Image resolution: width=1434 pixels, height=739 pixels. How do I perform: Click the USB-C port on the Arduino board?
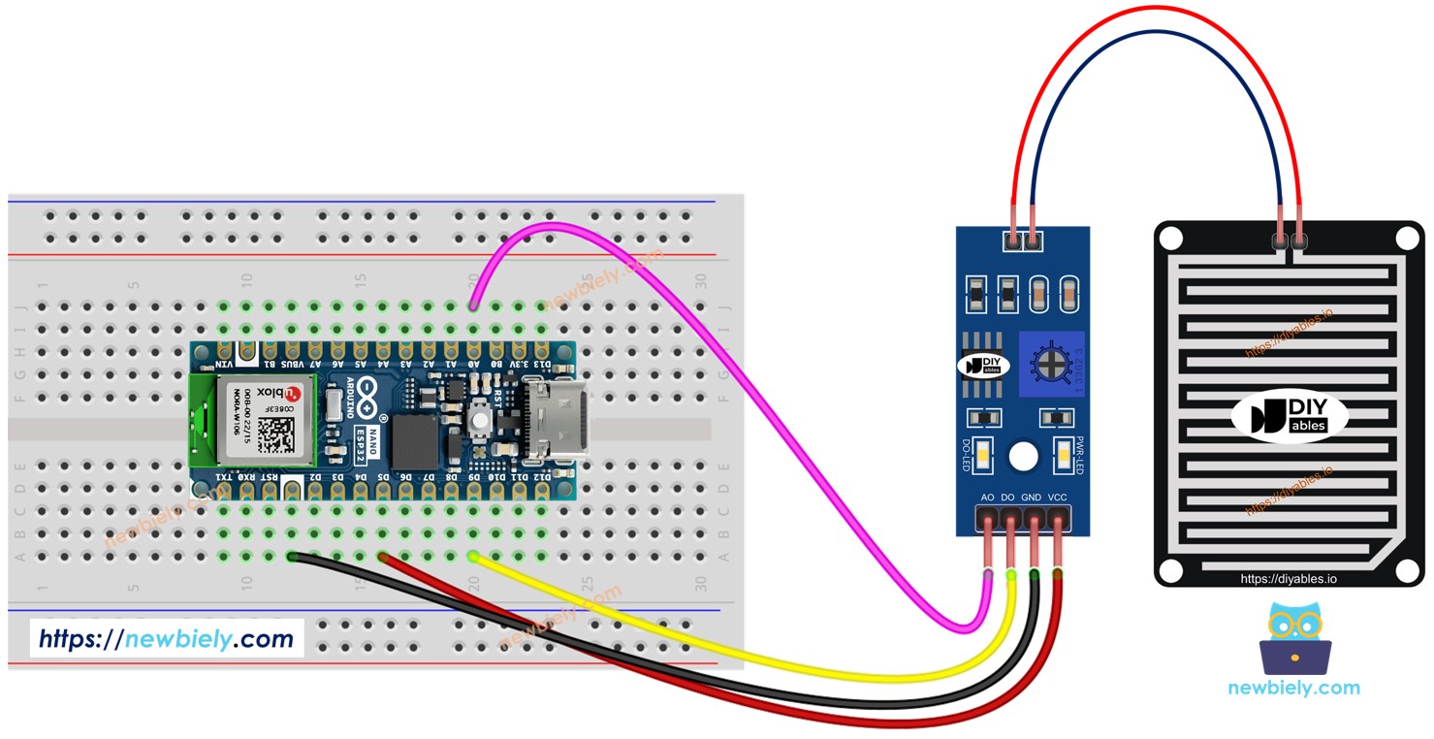[549, 420]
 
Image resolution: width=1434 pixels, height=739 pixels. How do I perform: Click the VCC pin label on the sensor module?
[1058, 498]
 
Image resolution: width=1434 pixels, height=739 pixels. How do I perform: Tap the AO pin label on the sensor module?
[987, 498]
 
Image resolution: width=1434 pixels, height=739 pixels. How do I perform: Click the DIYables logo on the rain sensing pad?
[1289, 418]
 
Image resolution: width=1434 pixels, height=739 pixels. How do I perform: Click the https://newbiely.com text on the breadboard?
[166, 639]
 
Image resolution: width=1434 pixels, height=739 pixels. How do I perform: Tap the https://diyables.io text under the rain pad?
[1289, 579]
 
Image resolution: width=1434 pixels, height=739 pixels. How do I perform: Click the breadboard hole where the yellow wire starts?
[473, 557]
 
